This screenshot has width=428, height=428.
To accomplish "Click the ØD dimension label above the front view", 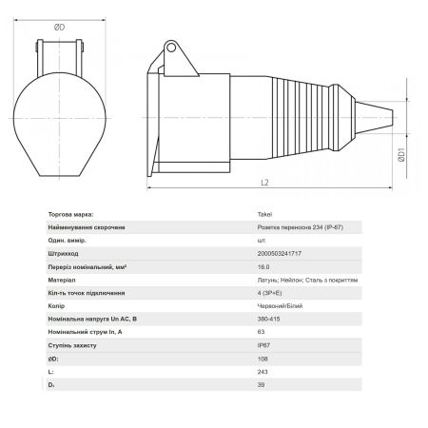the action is tap(59, 28).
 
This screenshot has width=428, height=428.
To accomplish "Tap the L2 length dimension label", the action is tap(264, 183).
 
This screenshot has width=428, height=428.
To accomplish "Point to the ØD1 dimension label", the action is tap(401, 155).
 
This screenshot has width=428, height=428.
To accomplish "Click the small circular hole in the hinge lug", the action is tap(171, 48).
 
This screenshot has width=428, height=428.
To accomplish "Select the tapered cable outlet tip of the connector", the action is tap(374, 118).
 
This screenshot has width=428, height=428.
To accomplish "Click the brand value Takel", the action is tap(264, 214).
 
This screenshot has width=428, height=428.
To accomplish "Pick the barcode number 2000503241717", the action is tap(280, 254).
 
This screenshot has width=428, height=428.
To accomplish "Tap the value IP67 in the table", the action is tap(263, 345).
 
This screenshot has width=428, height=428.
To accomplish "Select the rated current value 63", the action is tap(261, 332).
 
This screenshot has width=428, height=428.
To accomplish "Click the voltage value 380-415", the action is tap(268, 319).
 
